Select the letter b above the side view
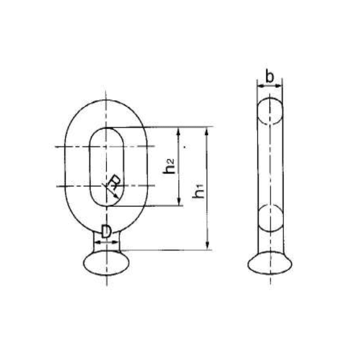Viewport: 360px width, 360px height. (269, 77)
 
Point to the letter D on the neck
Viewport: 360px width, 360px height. (106, 232)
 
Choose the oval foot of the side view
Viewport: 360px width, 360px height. (270, 263)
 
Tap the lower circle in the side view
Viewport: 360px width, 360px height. (270, 218)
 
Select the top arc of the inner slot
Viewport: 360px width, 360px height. (106, 128)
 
